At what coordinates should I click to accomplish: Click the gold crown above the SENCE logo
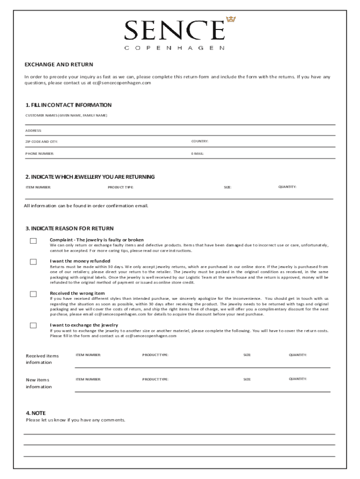click(230, 19)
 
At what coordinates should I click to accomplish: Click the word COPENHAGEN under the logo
click(174, 48)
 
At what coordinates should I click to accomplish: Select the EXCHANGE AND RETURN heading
click(59, 65)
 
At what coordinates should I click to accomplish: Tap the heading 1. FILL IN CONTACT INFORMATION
click(68, 105)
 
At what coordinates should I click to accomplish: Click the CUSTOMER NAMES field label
click(66, 115)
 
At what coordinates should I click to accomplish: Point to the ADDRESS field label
click(33, 131)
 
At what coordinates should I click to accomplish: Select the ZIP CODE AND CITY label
click(42, 141)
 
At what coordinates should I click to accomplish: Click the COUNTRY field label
click(200, 141)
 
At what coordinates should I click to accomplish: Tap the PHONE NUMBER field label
click(40, 153)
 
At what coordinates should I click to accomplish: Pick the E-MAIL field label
click(197, 153)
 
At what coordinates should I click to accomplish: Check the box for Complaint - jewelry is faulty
click(33, 241)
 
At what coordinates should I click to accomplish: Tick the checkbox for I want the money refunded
click(33, 262)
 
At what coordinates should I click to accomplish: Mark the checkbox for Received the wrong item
click(33, 294)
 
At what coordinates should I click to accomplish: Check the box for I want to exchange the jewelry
click(33, 326)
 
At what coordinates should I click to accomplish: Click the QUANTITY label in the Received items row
click(298, 355)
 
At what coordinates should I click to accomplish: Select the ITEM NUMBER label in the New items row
click(88, 379)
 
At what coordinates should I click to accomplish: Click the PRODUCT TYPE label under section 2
click(120, 187)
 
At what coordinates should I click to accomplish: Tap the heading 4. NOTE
click(36, 413)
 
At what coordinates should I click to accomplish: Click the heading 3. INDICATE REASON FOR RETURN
click(69, 228)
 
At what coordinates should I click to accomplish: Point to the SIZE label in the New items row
click(247, 379)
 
